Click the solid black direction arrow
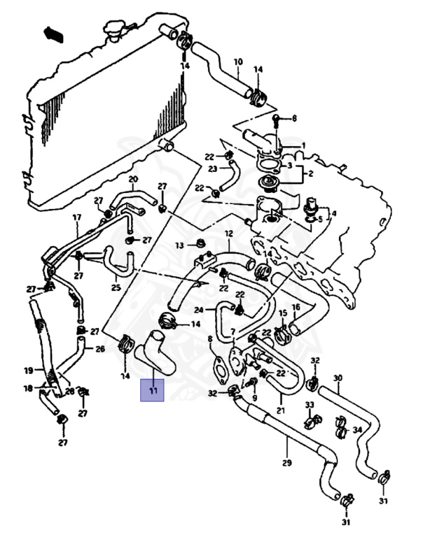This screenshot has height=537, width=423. click(x=53, y=34)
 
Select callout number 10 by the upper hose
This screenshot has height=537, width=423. click(x=237, y=62)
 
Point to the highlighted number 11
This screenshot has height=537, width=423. click(x=153, y=390)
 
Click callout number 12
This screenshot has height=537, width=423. click(x=228, y=234)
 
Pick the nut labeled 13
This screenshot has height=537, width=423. click(x=200, y=244)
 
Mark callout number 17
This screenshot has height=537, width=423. click(x=77, y=217)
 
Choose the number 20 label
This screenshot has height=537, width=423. click(x=133, y=180)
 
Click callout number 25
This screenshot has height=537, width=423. click(x=116, y=287)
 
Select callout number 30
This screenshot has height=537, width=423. click(x=338, y=378)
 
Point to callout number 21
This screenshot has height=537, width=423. click(x=280, y=410)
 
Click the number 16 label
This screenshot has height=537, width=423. click(x=296, y=307)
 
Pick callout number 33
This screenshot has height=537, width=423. click(x=309, y=405)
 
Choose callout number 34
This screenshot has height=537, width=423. click(x=357, y=429)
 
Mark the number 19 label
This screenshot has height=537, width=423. click(x=29, y=370)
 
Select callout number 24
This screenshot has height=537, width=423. click(x=199, y=310)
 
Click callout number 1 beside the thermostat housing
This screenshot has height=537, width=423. click(x=303, y=145)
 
